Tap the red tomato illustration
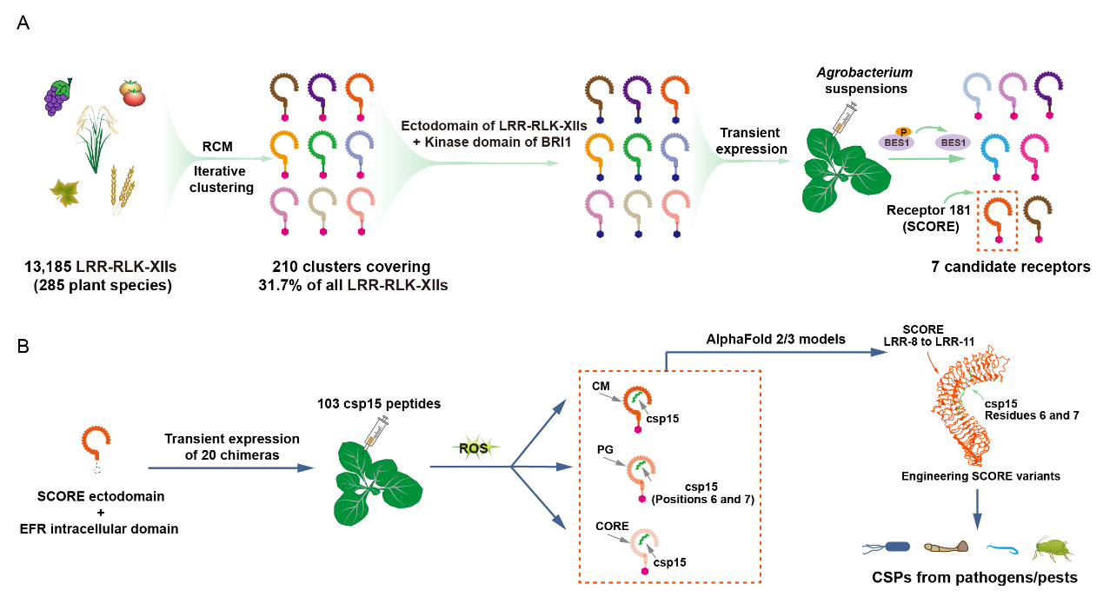133,92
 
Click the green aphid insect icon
1050,548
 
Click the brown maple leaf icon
63,193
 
